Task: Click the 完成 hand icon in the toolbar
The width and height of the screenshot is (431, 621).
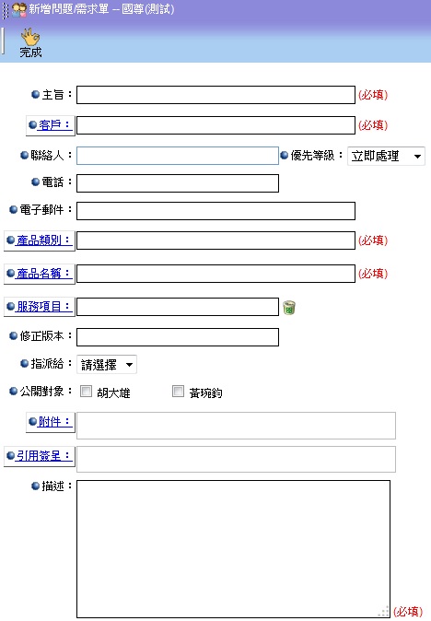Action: [30, 37]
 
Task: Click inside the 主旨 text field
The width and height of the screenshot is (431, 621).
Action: [215, 95]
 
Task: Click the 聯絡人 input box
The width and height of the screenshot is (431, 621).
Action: [178, 156]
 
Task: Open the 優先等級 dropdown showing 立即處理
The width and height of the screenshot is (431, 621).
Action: [386, 156]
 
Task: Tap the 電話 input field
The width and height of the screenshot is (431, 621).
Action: [178, 183]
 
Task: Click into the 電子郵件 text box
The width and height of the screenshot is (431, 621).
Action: [215, 211]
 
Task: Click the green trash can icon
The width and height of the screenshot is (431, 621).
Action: [289, 308]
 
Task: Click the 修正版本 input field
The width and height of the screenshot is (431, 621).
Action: [178, 337]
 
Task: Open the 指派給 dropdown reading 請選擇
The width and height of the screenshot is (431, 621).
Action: [107, 364]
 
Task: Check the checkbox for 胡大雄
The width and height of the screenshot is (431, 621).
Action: [86, 392]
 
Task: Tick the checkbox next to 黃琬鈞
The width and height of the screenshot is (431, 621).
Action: [178, 392]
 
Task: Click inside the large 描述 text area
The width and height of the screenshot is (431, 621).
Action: [233, 549]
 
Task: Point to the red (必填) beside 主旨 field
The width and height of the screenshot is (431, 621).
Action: [373, 95]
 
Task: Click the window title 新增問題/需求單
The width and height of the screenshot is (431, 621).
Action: [69, 9]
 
